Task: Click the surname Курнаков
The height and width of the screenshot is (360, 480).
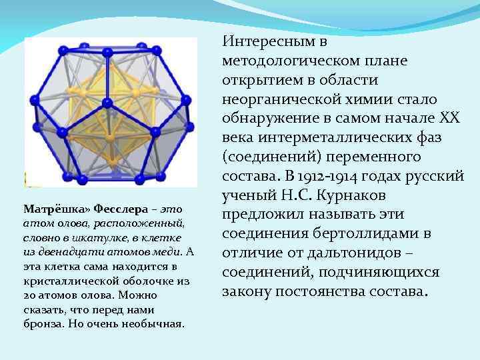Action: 381,197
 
